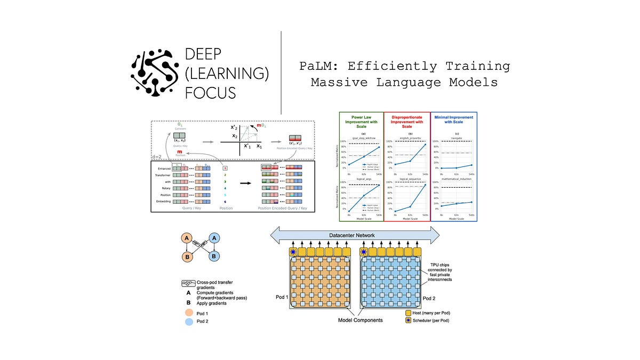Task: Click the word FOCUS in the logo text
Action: point(210,92)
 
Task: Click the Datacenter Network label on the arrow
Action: point(355,235)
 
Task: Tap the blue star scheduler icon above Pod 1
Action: point(292,252)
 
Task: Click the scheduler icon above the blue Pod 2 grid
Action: point(364,252)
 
